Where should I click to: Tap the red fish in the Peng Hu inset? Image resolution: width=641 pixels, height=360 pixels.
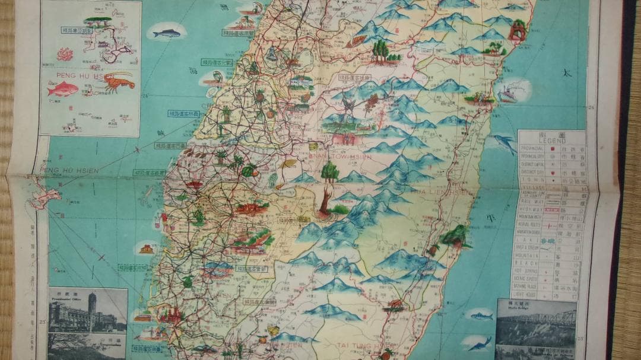[63, 89]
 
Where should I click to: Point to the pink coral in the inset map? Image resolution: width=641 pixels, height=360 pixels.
[65, 55]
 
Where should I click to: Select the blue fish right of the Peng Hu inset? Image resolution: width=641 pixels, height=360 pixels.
[167, 33]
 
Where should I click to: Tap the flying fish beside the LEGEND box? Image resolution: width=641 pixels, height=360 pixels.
[504, 143]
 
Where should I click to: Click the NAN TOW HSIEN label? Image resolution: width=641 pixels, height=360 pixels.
[340, 157]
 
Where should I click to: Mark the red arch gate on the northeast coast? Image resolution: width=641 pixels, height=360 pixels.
[518, 30]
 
